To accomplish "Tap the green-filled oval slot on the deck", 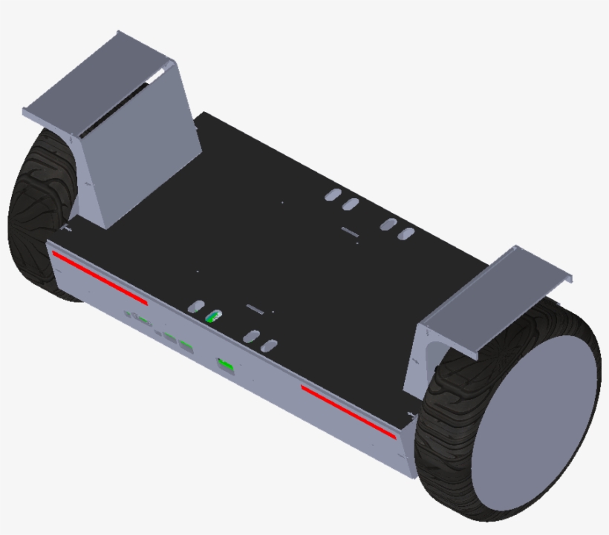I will [213, 317].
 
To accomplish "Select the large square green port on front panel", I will [225, 365].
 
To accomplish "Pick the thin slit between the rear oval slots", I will [349, 230].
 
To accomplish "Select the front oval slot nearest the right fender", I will [271, 345].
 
